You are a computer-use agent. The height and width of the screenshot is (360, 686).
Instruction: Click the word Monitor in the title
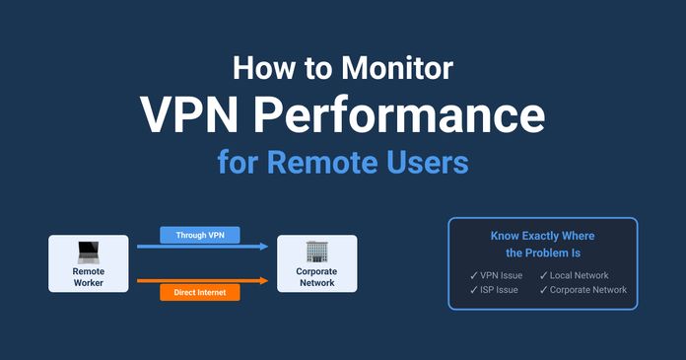pyautogui.click(x=398, y=69)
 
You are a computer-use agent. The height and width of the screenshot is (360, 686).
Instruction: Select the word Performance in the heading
pyautogui.click(x=407, y=114)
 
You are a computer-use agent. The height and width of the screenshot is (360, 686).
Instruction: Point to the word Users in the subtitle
pyautogui.click(x=427, y=161)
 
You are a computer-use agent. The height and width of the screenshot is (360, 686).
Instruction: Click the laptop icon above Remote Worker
pyautogui.click(x=89, y=251)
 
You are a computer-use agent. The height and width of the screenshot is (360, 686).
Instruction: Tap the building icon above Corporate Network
pyautogui.click(x=316, y=251)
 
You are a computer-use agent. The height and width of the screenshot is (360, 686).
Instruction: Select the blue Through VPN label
pyautogui.click(x=200, y=235)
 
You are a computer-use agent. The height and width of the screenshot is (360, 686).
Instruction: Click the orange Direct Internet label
pyautogui.click(x=200, y=292)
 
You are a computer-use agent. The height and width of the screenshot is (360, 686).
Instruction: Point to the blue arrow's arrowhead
pyautogui.click(x=264, y=248)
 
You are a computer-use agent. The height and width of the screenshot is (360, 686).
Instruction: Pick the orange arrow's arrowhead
pyautogui.click(x=264, y=280)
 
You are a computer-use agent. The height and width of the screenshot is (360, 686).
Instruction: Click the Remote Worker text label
pyautogui.click(x=89, y=276)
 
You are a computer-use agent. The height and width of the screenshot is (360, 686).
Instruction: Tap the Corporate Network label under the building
pyautogui.click(x=316, y=276)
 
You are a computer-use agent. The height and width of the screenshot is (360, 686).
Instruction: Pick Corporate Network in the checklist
pyautogui.click(x=588, y=290)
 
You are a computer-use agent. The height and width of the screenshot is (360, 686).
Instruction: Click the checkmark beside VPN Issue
pyautogui.click(x=474, y=275)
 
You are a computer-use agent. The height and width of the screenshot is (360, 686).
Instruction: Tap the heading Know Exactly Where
pyautogui.click(x=542, y=237)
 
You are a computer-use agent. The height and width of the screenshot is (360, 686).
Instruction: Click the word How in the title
pyautogui.click(x=258, y=69)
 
